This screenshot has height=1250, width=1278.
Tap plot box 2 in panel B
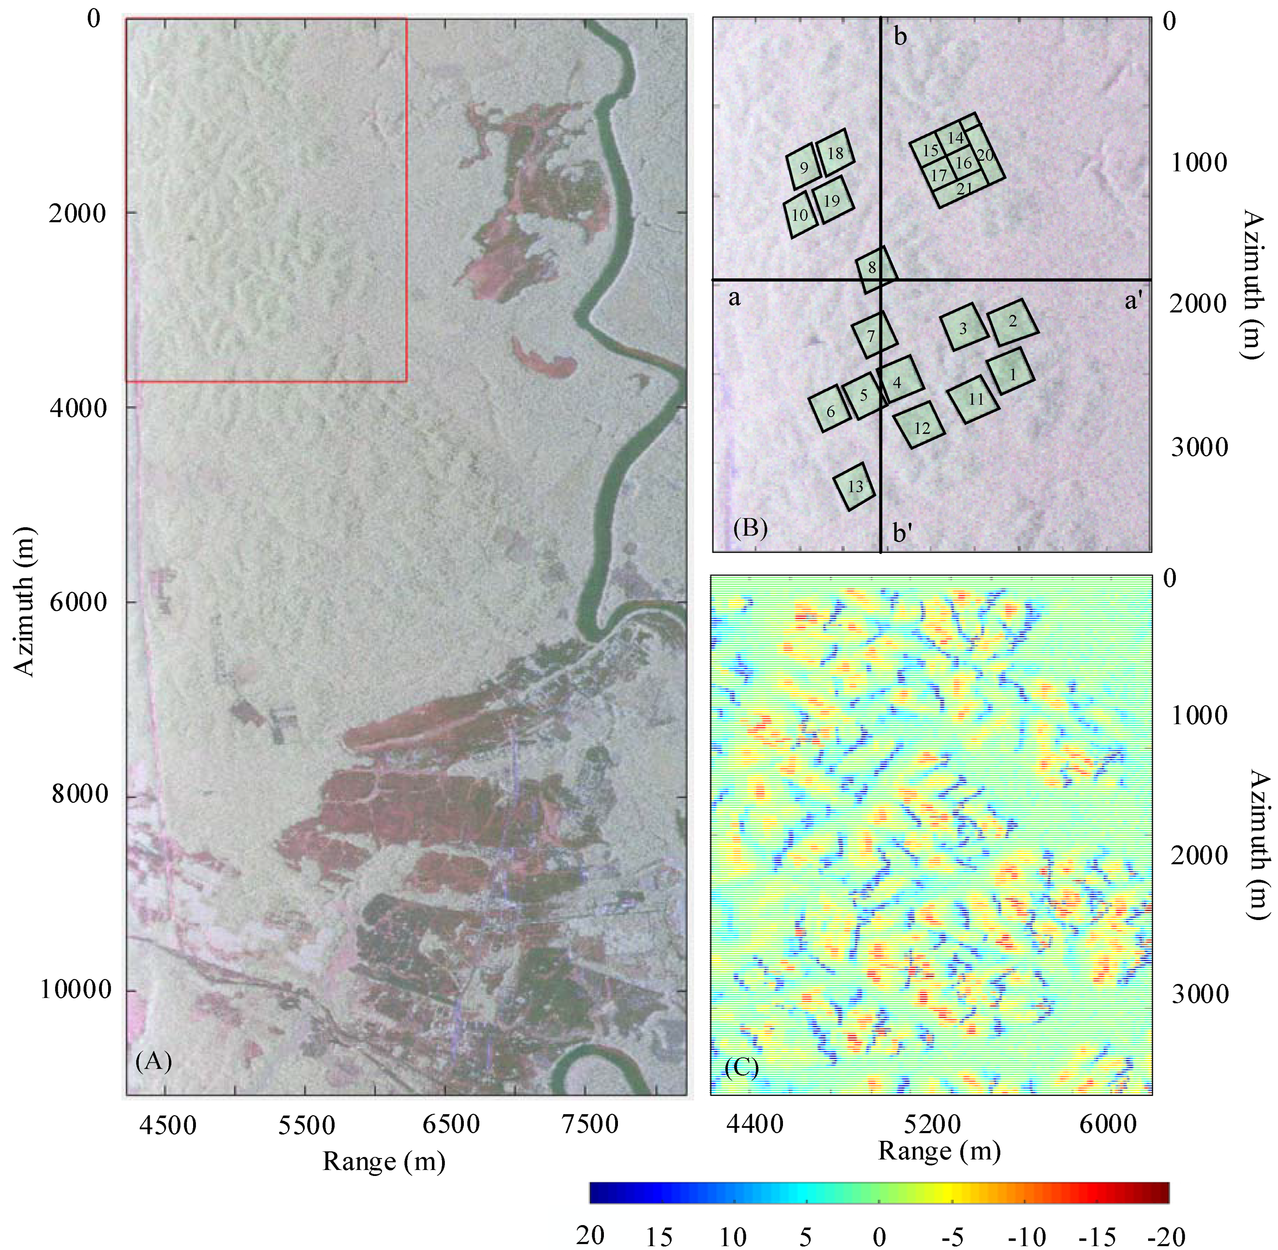1014,322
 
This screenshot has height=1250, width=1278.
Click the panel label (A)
153,1061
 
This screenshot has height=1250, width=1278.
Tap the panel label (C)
742,1068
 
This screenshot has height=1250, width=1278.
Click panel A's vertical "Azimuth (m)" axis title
24,601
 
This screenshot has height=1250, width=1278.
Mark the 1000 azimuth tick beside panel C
1199,716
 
